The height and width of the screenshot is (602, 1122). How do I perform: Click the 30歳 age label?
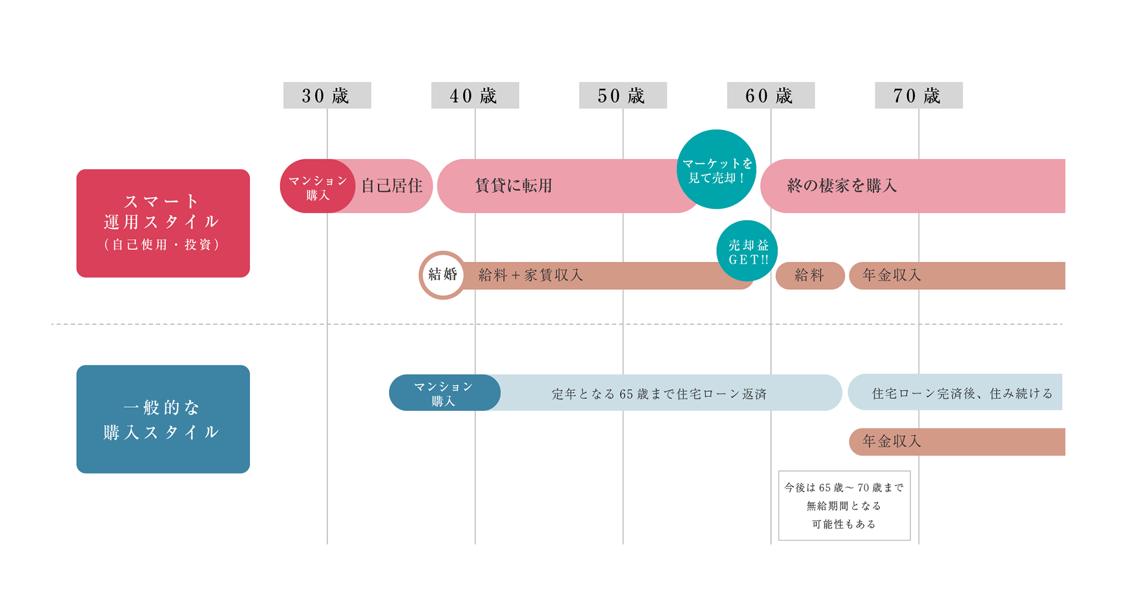pos(327,95)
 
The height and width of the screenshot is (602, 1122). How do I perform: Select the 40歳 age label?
pos(475,95)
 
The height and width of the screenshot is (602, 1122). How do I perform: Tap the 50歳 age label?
pos(623,95)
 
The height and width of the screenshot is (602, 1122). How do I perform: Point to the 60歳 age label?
pos(771,95)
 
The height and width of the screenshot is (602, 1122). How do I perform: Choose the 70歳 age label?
pos(918,95)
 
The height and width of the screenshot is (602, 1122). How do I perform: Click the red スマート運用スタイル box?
pos(163,223)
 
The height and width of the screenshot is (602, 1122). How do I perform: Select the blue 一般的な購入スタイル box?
pos(163,419)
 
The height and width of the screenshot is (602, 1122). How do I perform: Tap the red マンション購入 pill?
pos(318,186)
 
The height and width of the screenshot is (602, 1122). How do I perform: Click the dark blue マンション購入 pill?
pos(444,393)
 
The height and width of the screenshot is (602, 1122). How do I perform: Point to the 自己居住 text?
pos(392,186)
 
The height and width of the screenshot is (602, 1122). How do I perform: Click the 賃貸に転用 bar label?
pos(514,186)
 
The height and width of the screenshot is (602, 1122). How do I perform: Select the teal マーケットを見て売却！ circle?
pos(716,169)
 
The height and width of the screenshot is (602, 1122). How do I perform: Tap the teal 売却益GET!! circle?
pos(747,251)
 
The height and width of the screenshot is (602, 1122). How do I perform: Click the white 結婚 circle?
pos(443,275)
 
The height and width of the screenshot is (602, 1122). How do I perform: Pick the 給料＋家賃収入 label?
pos(531,275)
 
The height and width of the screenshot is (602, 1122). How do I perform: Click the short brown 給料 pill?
pos(810,276)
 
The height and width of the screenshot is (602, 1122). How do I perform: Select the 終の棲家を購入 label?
pos(842,186)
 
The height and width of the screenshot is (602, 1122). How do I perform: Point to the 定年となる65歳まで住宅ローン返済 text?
pos(659,394)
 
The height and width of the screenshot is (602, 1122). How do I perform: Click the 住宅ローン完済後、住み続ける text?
pos(963,393)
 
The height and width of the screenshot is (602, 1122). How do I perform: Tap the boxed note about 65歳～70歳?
pos(844,506)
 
